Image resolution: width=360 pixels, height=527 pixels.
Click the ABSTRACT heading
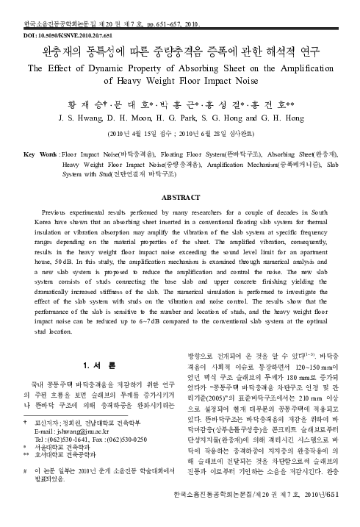click(x=179, y=177)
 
